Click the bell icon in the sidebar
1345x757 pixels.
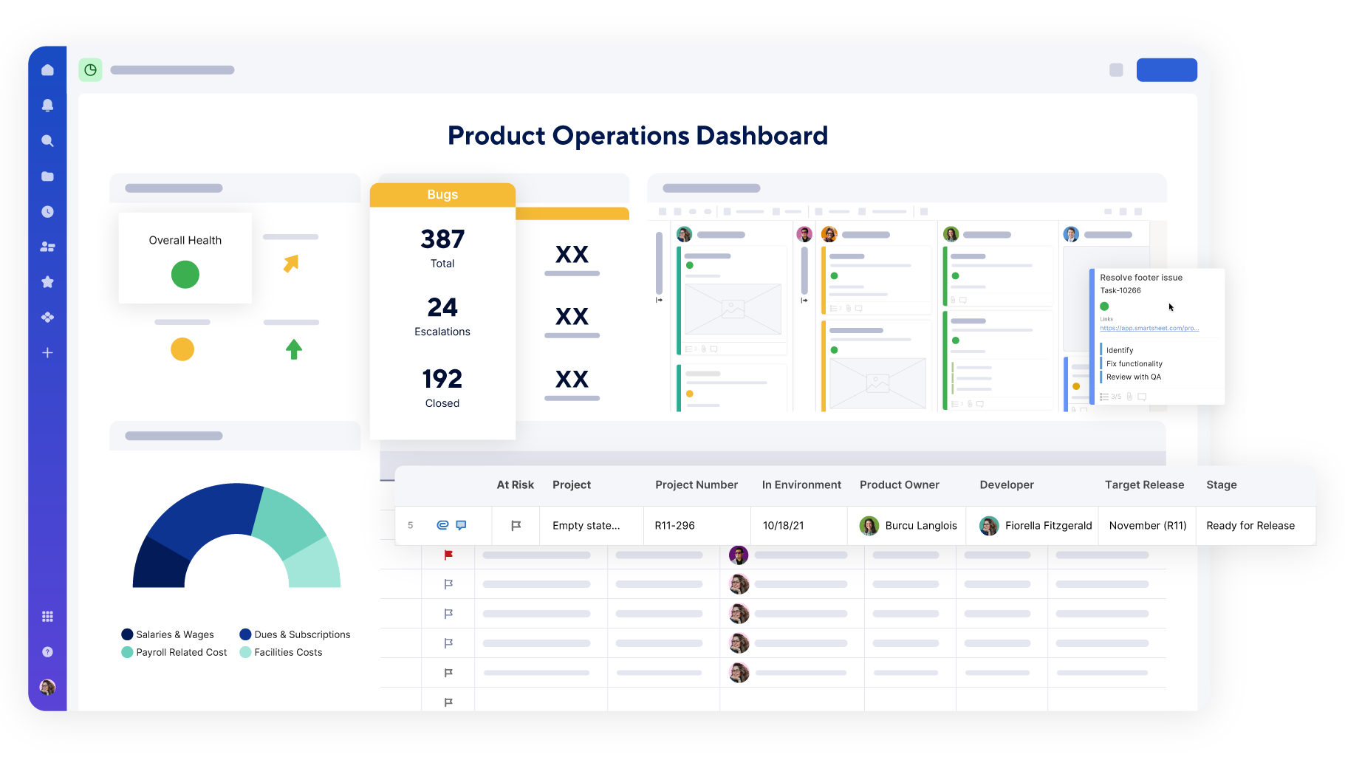point(47,105)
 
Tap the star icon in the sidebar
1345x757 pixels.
point(47,281)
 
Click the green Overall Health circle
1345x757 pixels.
point(185,275)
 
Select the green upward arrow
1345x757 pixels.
point(294,349)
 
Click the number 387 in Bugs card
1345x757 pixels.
point(442,239)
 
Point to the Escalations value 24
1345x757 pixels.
point(442,307)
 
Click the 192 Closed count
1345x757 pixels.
point(442,379)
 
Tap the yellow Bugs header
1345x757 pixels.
point(442,194)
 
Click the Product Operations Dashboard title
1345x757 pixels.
point(637,136)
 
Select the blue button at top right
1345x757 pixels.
point(1166,70)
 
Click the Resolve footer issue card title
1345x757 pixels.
point(1141,278)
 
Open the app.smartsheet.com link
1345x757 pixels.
point(1149,328)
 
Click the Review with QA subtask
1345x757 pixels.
point(1134,377)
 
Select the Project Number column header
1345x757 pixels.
point(697,484)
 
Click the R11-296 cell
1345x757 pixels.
point(674,526)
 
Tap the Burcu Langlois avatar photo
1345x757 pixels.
point(869,526)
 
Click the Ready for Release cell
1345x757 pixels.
point(1250,526)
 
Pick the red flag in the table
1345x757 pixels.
point(448,555)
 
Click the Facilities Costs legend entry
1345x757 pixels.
point(288,652)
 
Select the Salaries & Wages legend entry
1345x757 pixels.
point(174,634)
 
